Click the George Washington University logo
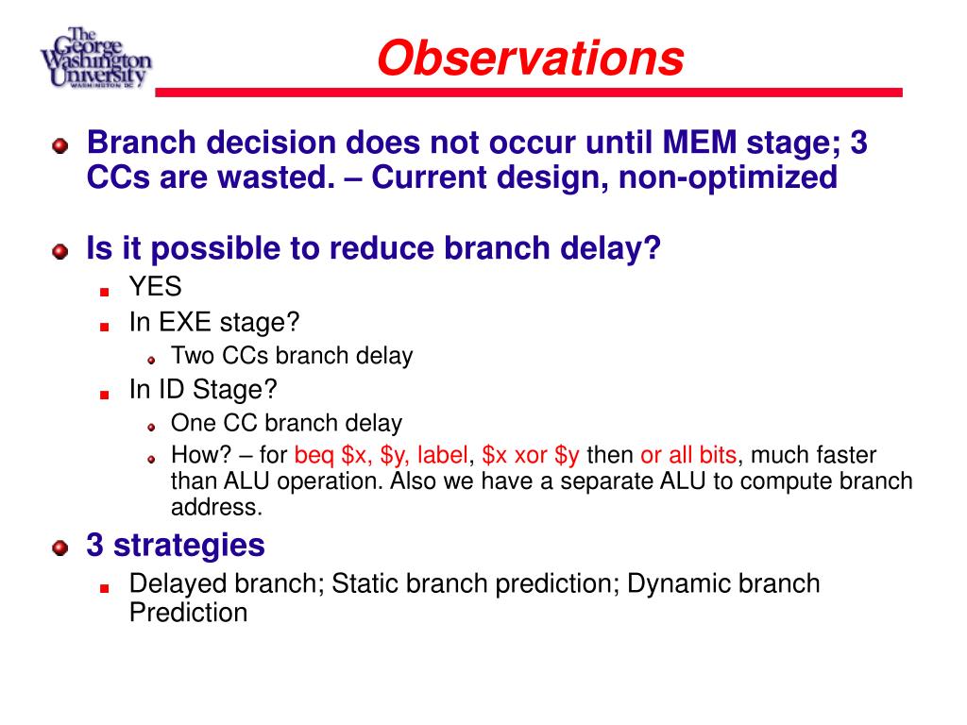pyautogui.click(x=95, y=58)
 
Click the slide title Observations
pyautogui.click(x=531, y=58)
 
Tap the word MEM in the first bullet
pyautogui.click(x=700, y=143)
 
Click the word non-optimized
pyautogui.click(x=728, y=178)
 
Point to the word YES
pyautogui.click(x=156, y=287)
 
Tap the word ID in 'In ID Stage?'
pyautogui.click(x=172, y=390)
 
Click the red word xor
pyautogui.click(x=531, y=456)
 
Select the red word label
pyautogui.click(x=442, y=455)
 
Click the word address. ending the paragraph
pyautogui.click(x=216, y=507)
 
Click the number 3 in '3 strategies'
pyautogui.click(x=95, y=545)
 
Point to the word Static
pyautogui.click(x=365, y=583)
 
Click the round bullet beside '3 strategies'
pyautogui.click(x=59, y=548)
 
